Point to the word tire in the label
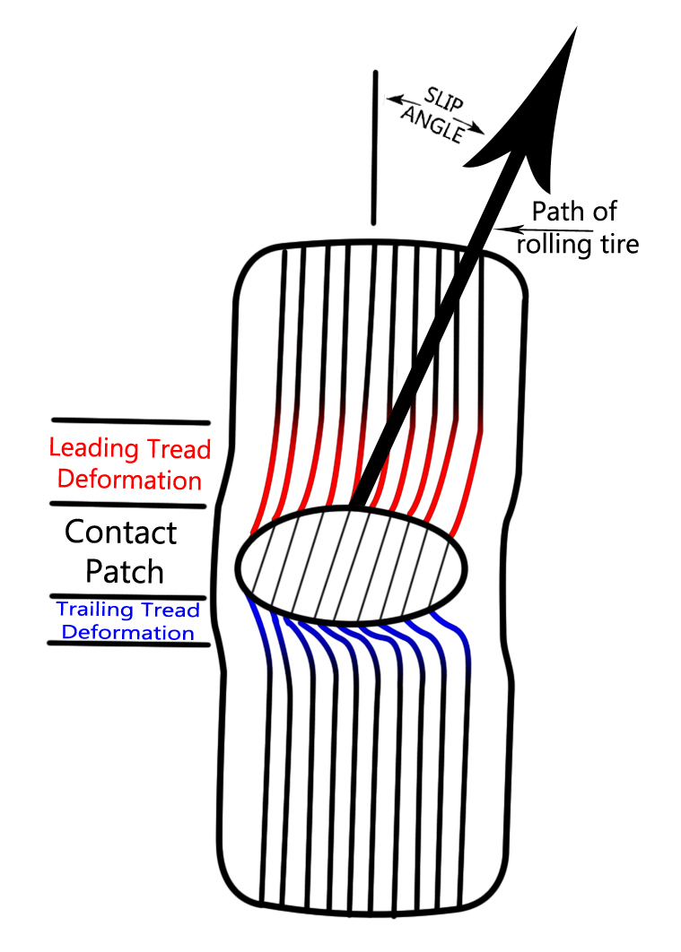tap(618, 244)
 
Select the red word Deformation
tap(125, 480)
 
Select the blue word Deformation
tap(120, 633)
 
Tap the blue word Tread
tap(173, 610)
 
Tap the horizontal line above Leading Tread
tap(131, 420)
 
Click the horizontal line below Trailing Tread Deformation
tap(129, 644)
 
